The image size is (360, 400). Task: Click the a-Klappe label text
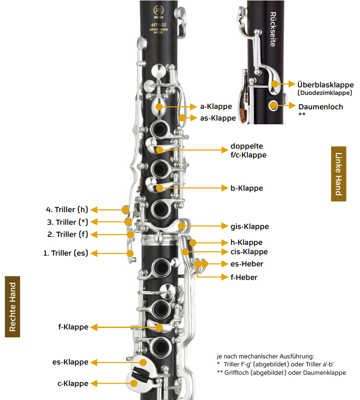click(x=216, y=107)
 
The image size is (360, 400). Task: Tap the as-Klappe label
click(x=218, y=118)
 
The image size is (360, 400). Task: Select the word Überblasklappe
click(x=325, y=85)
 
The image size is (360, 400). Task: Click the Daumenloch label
click(x=321, y=107)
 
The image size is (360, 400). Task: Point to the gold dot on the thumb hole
click(x=273, y=105)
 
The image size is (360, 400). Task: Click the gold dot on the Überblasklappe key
click(x=275, y=84)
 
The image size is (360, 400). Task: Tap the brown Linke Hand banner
click(x=339, y=174)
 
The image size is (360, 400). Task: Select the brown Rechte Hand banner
click(x=13, y=307)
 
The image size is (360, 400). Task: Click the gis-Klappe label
click(x=250, y=227)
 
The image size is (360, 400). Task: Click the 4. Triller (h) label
click(x=67, y=209)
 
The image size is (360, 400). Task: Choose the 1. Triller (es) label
click(x=65, y=253)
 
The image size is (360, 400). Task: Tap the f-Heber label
click(x=244, y=277)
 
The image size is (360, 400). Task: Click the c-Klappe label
click(x=73, y=384)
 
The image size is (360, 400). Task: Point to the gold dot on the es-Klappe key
click(x=143, y=362)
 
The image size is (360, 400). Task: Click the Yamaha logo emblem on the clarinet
click(x=158, y=11)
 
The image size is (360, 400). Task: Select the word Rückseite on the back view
click(x=273, y=29)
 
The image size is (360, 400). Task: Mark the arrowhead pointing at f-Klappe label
click(x=94, y=327)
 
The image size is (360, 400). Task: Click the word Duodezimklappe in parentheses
click(x=325, y=93)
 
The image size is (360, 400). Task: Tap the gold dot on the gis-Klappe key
click(x=182, y=226)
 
